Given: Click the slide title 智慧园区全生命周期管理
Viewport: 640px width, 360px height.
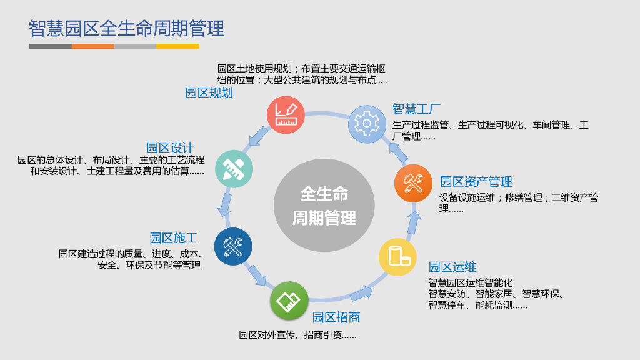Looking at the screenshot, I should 126,29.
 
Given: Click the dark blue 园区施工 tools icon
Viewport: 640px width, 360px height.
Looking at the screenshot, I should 232,246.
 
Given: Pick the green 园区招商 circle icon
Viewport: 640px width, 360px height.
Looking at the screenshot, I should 289,300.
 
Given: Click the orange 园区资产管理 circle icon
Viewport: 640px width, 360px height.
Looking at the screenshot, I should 413,183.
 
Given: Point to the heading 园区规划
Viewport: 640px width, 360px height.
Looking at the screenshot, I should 209,93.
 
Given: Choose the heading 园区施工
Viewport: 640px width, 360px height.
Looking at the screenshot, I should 174,238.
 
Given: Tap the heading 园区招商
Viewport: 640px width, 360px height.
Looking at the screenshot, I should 336,317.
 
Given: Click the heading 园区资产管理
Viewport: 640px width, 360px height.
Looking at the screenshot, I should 476,182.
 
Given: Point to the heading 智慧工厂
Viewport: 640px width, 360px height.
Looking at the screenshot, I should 417,109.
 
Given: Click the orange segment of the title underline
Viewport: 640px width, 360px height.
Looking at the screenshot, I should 92,46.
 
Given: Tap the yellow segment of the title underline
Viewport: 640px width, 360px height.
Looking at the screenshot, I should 177,46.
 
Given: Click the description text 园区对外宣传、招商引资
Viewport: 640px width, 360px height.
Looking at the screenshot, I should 297,335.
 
